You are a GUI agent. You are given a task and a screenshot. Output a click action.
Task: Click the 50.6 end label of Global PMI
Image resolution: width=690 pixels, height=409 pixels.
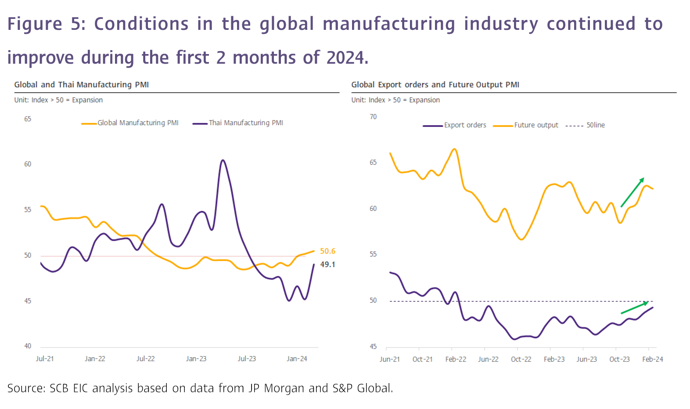pyautogui.click(x=327, y=251)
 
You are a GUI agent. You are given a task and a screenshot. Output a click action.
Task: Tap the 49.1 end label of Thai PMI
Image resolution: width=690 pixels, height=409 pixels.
pyautogui.click(x=327, y=264)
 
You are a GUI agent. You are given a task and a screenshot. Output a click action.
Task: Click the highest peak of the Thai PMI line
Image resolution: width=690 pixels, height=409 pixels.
pyautogui.click(x=223, y=160)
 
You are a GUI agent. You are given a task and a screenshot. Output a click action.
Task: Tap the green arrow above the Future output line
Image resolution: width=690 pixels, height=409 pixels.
pyautogui.click(x=632, y=192)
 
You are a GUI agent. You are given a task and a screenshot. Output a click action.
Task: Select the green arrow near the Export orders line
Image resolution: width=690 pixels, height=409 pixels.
pyautogui.click(x=635, y=308)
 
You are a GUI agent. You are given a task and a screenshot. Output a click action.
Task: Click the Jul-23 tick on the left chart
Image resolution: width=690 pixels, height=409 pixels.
pyautogui.click(x=247, y=359)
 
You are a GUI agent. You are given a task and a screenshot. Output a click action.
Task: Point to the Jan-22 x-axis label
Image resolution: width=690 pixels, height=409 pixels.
pyautogui.click(x=95, y=359)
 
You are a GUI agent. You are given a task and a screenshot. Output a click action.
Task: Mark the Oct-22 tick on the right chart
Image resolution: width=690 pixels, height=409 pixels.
pyautogui.click(x=521, y=359)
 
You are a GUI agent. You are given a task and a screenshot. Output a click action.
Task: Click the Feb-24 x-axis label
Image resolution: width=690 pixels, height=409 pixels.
pyautogui.click(x=652, y=359)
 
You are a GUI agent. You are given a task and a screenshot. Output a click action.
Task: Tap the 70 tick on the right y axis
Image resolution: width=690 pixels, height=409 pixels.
pyautogui.click(x=373, y=117)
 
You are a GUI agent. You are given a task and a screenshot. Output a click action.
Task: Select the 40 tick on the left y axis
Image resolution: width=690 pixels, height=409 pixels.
pyautogui.click(x=28, y=346)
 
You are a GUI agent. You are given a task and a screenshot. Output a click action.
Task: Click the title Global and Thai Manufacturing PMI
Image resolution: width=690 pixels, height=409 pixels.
pyautogui.click(x=82, y=85)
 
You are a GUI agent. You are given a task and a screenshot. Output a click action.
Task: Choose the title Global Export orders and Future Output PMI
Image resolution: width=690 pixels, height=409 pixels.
pyautogui.click(x=435, y=85)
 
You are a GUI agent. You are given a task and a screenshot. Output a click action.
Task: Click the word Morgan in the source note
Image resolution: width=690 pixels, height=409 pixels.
pyautogui.click(x=284, y=388)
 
